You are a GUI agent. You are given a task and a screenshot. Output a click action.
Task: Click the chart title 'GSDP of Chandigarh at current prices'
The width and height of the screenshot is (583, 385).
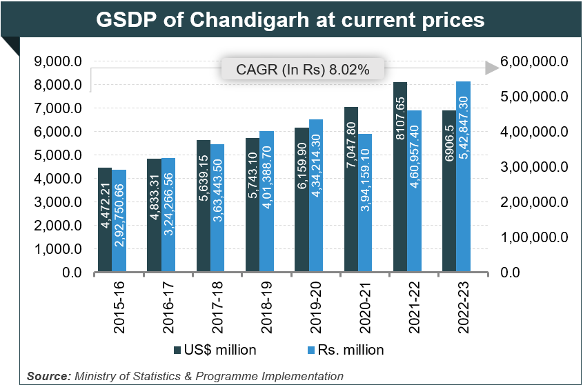[290, 19]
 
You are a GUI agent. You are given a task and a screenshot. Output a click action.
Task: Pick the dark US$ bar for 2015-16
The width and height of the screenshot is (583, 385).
[105, 220]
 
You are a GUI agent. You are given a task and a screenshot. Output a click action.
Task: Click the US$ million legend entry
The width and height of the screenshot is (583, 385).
[215, 350]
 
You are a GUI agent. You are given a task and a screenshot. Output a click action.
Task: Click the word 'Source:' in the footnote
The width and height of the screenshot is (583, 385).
[48, 376]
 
